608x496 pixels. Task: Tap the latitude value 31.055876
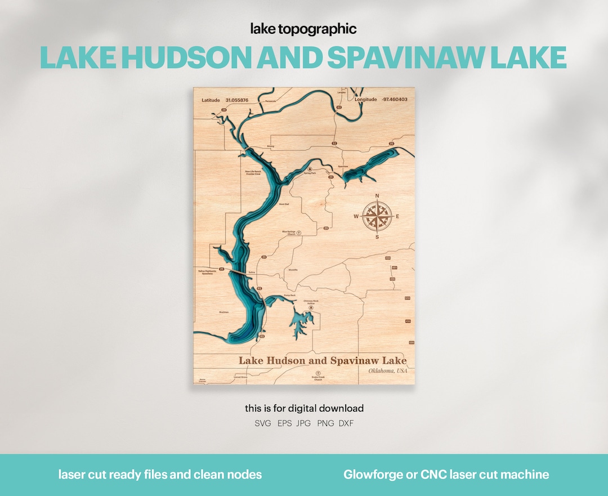[236, 100]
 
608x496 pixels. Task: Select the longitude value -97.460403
[395, 99]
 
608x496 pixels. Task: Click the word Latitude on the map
[211, 100]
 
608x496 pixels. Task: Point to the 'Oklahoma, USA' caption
[387, 370]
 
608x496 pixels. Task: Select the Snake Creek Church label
[318, 378]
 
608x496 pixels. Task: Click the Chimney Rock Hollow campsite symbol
[311, 308]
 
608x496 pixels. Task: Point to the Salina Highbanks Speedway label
[205, 272]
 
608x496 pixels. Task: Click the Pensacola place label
[271, 102]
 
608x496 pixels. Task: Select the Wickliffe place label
[293, 270]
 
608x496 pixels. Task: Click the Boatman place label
[225, 311]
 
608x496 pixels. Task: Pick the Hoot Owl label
[284, 204]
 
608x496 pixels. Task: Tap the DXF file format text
[346, 423]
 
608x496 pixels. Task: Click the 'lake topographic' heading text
[303, 29]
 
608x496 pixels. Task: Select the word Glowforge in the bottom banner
[372, 475]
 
